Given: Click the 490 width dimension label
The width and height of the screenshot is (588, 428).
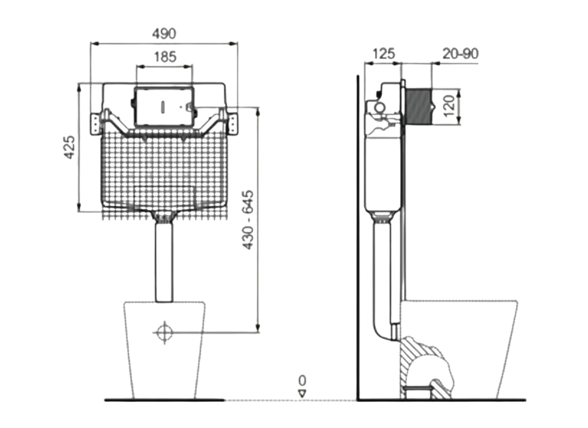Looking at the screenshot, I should (164, 33).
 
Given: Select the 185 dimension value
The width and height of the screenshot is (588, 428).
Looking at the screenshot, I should (165, 57).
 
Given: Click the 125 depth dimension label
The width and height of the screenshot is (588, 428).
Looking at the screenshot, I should (383, 53).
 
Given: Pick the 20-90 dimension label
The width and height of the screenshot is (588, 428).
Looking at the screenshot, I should (460, 53).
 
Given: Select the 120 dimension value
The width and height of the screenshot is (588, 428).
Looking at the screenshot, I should (448, 106).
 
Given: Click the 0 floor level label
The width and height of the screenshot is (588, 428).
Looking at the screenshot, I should (303, 381).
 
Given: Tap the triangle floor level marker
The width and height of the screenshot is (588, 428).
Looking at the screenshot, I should (303, 393).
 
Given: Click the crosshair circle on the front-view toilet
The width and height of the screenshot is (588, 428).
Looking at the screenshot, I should (164, 332).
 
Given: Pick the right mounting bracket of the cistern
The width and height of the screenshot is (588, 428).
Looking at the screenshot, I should (233, 123).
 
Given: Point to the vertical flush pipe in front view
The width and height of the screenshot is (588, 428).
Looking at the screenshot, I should (165, 262).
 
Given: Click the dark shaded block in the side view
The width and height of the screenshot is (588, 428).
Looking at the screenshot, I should (419, 106).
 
